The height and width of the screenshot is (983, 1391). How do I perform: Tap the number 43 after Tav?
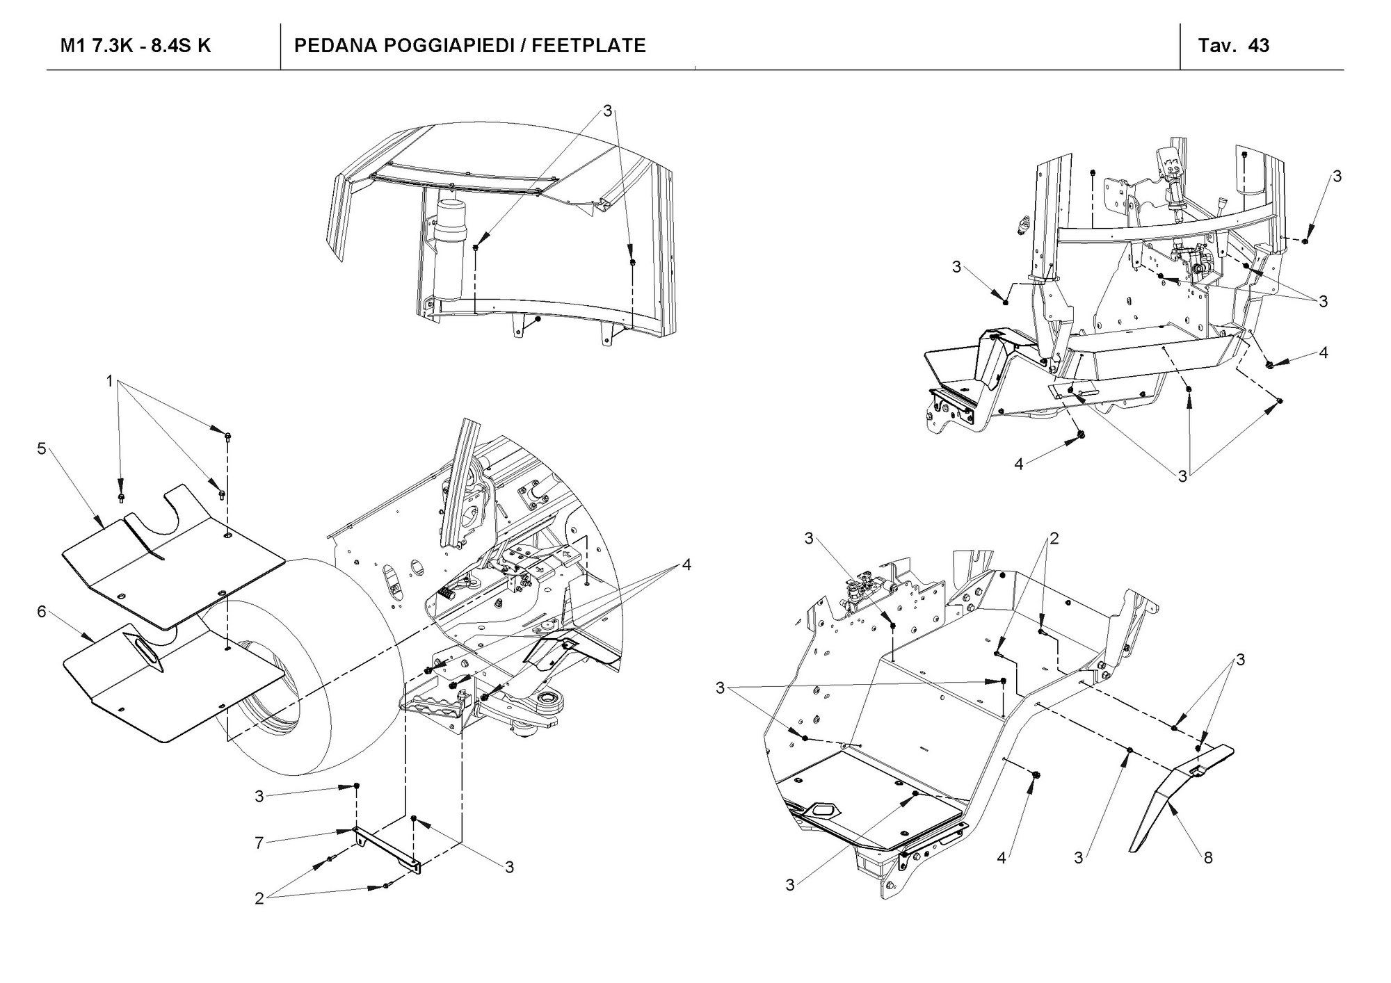1259,46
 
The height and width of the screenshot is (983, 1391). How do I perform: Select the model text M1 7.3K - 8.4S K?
136,46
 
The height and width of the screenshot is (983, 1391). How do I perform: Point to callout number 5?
42,449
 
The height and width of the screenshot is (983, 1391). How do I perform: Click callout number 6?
42,612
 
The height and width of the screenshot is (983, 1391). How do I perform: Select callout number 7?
259,843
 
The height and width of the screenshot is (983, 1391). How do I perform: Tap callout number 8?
1208,858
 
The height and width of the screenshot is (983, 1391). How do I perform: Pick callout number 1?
109,380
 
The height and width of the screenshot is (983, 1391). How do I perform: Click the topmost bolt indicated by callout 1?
229,437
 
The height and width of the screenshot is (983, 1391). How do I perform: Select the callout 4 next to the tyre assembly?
686,564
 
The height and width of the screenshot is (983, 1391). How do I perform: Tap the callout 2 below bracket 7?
259,899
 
